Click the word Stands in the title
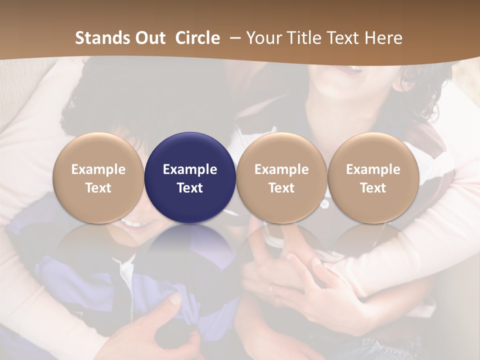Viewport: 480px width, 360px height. click(x=101, y=38)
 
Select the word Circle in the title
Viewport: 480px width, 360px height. click(x=197, y=38)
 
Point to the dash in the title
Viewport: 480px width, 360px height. click(x=233, y=38)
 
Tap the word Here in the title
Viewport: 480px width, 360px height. click(x=383, y=38)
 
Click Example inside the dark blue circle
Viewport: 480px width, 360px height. click(x=190, y=169)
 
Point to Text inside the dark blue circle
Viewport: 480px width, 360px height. click(x=190, y=188)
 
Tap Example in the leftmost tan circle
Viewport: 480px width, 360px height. click(x=98, y=169)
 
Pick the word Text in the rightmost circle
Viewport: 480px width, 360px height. click(x=373, y=188)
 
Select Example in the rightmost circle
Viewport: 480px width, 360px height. click(x=373, y=169)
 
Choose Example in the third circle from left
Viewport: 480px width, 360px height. click(x=281, y=169)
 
